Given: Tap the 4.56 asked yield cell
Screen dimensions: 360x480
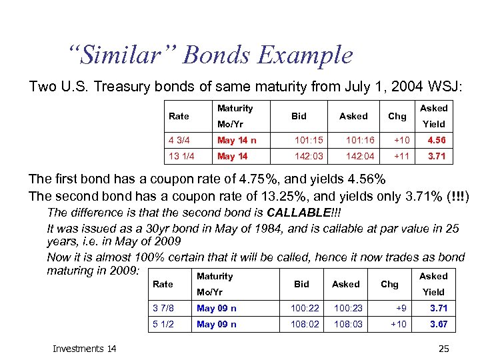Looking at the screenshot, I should coord(437,141).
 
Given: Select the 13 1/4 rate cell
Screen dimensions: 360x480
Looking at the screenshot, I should coord(181,157).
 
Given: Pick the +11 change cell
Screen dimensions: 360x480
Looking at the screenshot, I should coord(401,157).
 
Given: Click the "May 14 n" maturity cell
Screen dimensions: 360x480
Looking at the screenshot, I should coord(237,141).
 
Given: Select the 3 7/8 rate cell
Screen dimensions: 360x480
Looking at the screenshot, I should coord(163,309).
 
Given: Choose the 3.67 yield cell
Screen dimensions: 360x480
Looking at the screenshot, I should coord(438,325).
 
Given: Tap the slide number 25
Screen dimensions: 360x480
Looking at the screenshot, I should coord(443,348).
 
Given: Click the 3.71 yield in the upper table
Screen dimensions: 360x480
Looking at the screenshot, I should coord(437,157).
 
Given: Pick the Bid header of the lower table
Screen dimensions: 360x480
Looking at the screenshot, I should coord(301,284).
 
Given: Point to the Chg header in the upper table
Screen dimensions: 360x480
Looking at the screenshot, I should coord(397,116).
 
